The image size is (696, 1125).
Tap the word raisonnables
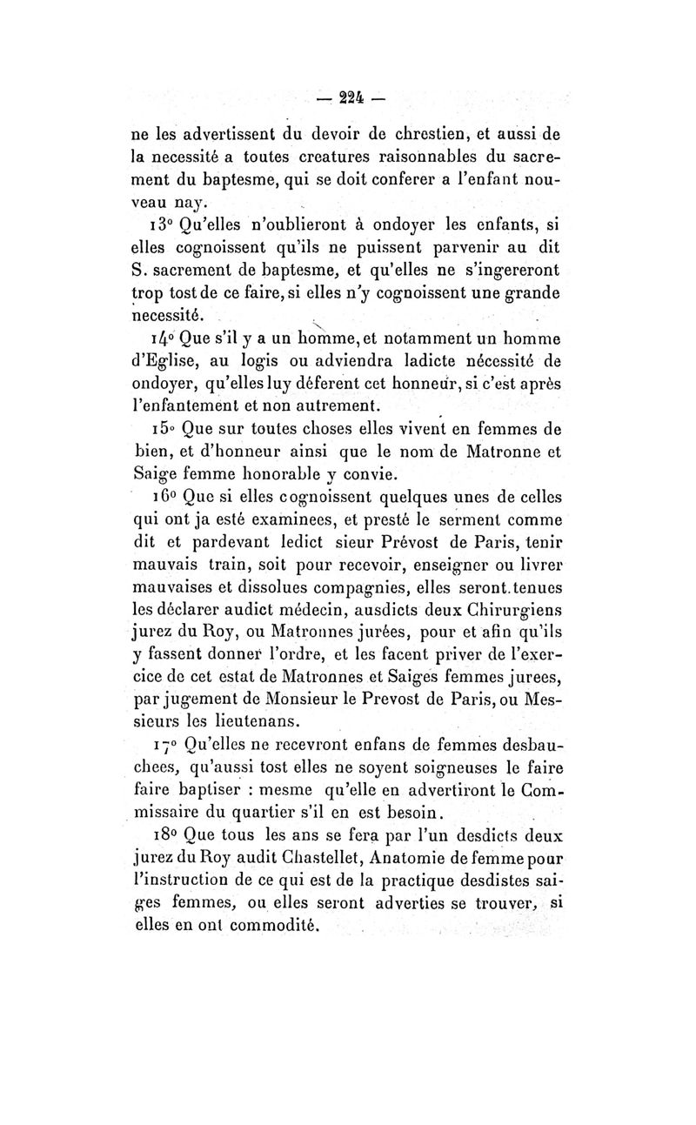tap(367, 158)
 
